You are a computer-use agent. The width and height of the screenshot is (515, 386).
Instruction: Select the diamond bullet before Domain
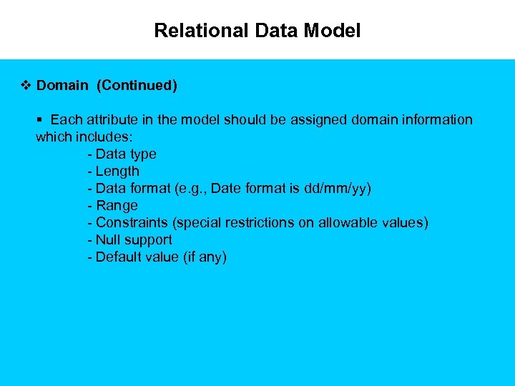(x=26, y=86)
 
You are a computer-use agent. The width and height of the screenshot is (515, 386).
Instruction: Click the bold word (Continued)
(x=137, y=86)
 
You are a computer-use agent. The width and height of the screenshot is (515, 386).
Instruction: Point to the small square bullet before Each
(x=40, y=120)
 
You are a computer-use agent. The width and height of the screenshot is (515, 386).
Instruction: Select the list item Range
(x=117, y=205)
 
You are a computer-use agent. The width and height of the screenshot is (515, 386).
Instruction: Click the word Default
(x=118, y=257)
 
